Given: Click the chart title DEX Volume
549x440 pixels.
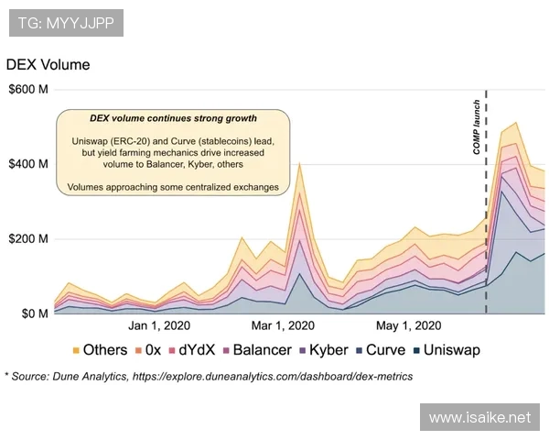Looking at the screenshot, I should coord(48,66).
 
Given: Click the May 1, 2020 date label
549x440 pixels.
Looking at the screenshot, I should coord(409,325).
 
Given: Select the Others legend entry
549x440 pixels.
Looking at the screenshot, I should coord(99,349).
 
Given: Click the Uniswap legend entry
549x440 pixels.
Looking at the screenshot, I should coord(450,349).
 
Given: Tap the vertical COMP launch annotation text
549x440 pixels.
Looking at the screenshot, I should coord(477,126).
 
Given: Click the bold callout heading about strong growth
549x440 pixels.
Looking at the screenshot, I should coord(173,119).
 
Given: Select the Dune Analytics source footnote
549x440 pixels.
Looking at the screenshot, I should coord(209,376).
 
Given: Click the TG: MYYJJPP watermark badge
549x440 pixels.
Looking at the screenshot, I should coord(66,23).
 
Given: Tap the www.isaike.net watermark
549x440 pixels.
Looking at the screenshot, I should coord(479,418).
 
